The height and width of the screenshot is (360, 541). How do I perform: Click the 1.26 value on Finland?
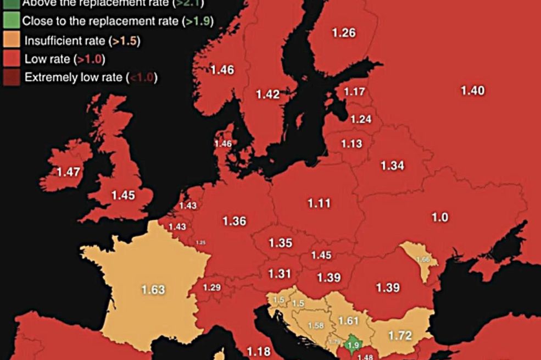click(344, 33)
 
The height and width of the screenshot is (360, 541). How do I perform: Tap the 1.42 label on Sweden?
click(268, 95)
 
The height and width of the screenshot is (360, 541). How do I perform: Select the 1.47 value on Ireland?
click(69, 172)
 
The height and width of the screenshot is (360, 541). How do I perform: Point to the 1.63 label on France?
click(153, 290)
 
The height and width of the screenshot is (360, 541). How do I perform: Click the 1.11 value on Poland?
click(319, 203)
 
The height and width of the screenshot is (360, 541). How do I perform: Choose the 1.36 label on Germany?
click(234, 221)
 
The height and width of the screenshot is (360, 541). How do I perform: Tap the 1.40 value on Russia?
click(472, 91)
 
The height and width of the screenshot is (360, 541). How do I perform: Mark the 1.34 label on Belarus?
click(393, 165)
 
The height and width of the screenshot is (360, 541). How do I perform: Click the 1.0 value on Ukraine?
click(439, 218)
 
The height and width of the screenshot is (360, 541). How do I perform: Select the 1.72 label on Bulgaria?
click(400, 335)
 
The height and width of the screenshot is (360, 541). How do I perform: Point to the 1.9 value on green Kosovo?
click(353, 345)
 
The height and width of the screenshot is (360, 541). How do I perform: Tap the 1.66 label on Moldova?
click(423, 259)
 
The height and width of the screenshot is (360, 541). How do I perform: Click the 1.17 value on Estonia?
click(354, 92)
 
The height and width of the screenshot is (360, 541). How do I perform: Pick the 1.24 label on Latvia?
click(361, 119)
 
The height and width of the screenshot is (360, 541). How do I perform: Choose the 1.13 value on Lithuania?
click(352, 144)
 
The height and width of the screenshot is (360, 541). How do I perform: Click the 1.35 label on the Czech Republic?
click(280, 243)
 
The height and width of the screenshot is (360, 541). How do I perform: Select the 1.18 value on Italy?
click(259, 351)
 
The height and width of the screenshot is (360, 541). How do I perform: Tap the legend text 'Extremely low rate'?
click(74, 77)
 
